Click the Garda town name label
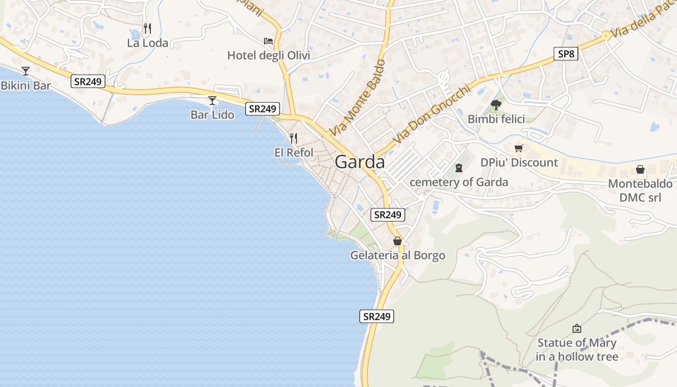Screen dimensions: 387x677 point(360,162)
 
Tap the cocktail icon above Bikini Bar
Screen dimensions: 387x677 point(26,71)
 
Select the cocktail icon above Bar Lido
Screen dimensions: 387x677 point(212,101)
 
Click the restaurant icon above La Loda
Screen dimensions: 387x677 point(147,29)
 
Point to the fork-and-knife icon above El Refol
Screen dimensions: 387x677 point(294,138)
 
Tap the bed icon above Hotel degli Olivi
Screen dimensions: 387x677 point(268,41)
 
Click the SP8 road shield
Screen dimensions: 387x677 point(566,54)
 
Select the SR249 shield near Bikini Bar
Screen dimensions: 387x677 point(88,81)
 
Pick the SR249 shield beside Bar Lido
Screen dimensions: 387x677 point(262,109)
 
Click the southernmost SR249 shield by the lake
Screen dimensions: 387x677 point(377,316)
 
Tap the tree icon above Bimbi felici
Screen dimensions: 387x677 point(496,104)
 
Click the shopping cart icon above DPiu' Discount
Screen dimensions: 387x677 point(519,149)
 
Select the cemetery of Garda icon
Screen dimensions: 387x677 point(458,168)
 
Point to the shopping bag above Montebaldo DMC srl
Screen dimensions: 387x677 point(640,169)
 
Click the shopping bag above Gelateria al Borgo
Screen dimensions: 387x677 point(397,241)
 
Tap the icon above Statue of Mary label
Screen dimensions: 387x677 point(576,329)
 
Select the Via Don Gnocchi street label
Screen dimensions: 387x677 point(431,115)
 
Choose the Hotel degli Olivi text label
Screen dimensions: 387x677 point(268,56)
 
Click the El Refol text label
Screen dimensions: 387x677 point(294,152)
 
